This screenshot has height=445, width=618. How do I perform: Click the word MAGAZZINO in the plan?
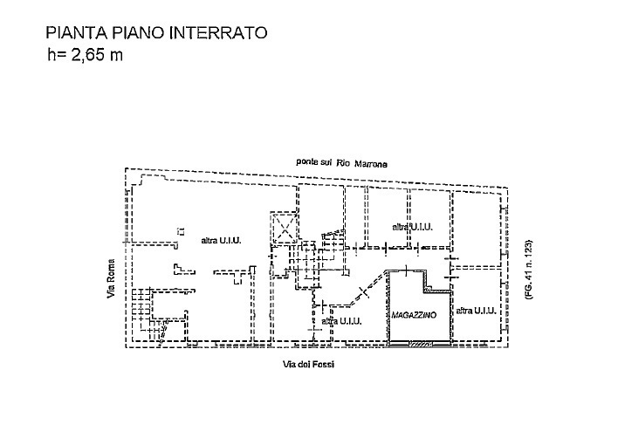coord(415,313)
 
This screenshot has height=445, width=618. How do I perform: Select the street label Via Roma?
coord(111,281)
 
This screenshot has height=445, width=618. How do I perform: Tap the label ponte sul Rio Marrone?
coord(341,164)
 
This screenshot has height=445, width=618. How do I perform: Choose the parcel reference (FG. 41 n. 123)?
coord(527,270)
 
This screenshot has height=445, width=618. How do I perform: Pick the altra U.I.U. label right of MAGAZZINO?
coord(476,311)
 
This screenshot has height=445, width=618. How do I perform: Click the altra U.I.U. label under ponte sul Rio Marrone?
coord(413,227)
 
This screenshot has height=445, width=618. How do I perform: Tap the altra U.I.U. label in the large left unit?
coord(221,240)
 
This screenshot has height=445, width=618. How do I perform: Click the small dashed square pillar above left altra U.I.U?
coord(180,231)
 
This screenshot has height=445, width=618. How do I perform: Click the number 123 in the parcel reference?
coord(527,249)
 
